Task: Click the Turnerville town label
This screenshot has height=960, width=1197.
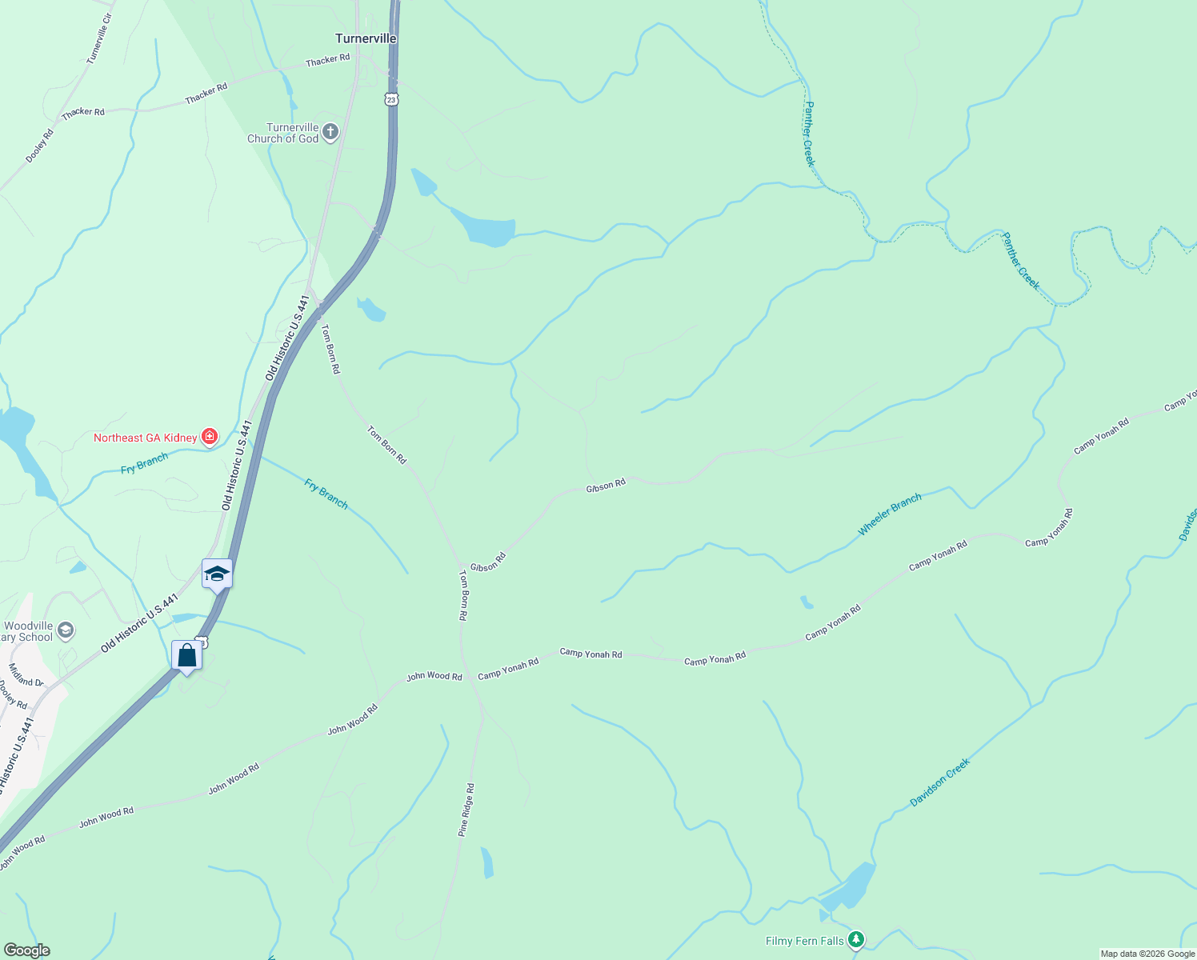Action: pyautogui.click(x=366, y=38)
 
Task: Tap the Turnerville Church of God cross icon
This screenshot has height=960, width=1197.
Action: pyautogui.click(x=330, y=132)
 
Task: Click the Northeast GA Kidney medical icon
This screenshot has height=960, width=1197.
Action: pyautogui.click(x=210, y=437)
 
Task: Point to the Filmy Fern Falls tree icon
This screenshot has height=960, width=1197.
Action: pyautogui.click(x=856, y=939)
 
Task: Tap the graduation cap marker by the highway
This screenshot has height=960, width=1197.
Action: pyautogui.click(x=217, y=573)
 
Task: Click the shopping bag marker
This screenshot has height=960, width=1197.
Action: pyautogui.click(x=186, y=655)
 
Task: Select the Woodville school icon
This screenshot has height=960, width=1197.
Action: pyautogui.click(x=66, y=630)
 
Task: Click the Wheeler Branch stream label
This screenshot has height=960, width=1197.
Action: pyautogui.click(x=890, y=514)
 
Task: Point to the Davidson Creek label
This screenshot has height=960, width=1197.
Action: pyautogui.click(x=940, y=782)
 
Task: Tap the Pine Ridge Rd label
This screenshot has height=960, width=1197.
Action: pyautogui.click(x=466, y=810)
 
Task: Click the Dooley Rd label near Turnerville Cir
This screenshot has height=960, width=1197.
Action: pyautogui.click(x=39, y=146)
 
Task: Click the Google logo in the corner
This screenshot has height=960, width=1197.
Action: pyautogui.click(x=26, y=950)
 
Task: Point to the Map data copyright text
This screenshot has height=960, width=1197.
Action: pyautogui.click(x=1147, y=954)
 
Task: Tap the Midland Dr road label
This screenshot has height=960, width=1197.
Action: pyautogui.click(x=26, y=676)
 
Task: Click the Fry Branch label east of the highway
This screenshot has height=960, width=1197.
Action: pyautogui.click(x=326, y=493)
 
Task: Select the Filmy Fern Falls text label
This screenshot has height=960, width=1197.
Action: pyautogui.click(x=804, y=941)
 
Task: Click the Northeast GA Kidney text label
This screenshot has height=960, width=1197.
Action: pyautogui.click(x=145, y=438)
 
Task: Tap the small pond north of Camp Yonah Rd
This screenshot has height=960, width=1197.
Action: pyautogui.click(x=807, y=602)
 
